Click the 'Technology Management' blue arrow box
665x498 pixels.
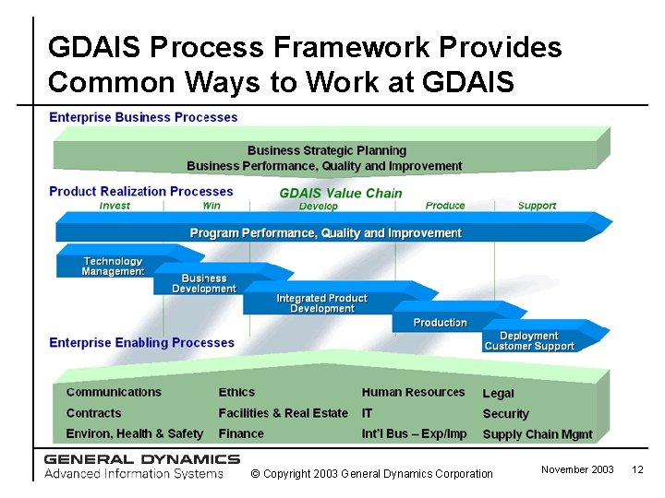113,266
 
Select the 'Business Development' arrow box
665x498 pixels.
204,283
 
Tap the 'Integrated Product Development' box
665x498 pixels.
321,303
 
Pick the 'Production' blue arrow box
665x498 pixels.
440,323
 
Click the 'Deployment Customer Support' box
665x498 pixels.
529,341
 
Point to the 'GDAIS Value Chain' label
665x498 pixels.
341,193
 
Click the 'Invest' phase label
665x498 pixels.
115,206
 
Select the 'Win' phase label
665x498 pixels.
212,206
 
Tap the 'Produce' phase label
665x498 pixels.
445,206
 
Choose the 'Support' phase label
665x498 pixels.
537,206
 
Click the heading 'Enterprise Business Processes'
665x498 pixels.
143,117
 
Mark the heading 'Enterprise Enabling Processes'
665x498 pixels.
141,343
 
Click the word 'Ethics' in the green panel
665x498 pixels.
236,392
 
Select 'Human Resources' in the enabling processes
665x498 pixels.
413,392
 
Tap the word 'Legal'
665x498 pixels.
499,393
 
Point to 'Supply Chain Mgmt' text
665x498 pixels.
538,434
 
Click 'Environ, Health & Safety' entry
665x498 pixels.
135,433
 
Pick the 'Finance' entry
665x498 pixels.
241,433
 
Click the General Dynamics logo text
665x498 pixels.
141,459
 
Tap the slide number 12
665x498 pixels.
637,470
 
